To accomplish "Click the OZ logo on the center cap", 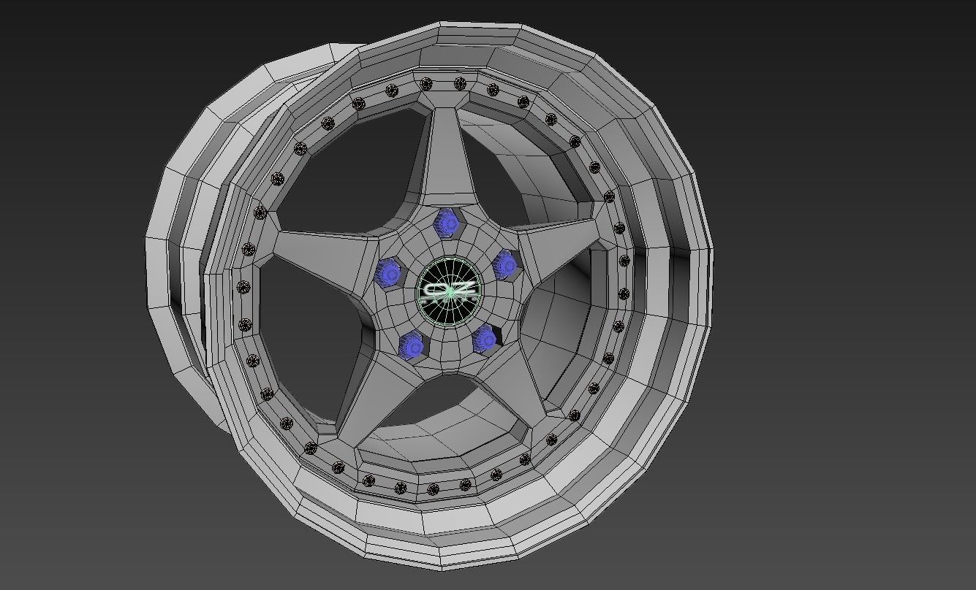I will (x=448, y=291).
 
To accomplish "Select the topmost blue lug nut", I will (x=445, y=221).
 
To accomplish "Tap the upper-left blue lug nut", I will (x=388, y=273).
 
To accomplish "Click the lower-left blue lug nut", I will (x=412, y=345).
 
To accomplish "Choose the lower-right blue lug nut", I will (x=484, y=338).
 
